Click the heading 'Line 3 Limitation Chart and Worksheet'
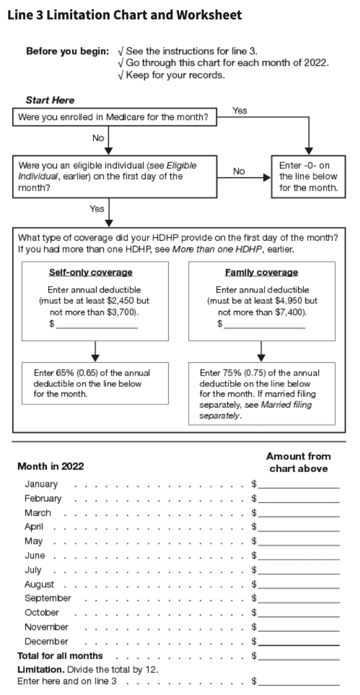125,15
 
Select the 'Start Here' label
50,100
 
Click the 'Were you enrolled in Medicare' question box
114,117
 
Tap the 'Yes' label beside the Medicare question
240,111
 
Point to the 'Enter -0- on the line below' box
308,176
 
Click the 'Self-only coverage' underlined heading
90,272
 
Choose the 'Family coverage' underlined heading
261,272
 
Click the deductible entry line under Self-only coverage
97,324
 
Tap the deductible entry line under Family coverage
264,324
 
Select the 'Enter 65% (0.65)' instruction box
95,383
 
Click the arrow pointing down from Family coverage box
262,351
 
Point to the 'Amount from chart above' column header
298,462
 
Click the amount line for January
298,484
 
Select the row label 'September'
47,598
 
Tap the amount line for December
298,642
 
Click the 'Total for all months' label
60,656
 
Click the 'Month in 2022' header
51,466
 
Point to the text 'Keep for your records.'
175,75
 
